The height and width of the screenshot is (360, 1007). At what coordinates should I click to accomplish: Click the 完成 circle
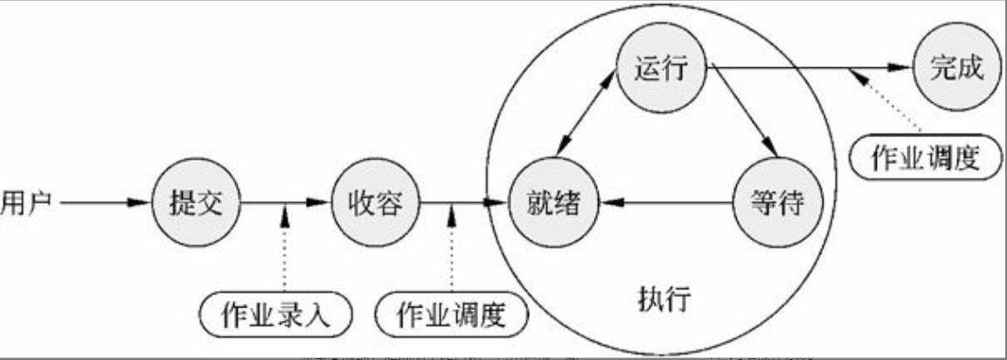952,66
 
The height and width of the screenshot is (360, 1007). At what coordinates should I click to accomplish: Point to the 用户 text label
25,203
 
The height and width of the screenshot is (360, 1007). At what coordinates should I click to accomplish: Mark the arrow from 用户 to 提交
101,204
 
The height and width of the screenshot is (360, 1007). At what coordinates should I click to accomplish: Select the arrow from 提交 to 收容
284,204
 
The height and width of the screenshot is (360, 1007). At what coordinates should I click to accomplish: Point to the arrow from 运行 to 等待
741,114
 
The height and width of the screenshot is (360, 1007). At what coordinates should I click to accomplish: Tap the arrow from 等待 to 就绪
664,204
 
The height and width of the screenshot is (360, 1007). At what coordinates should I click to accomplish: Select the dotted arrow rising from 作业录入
285,253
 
